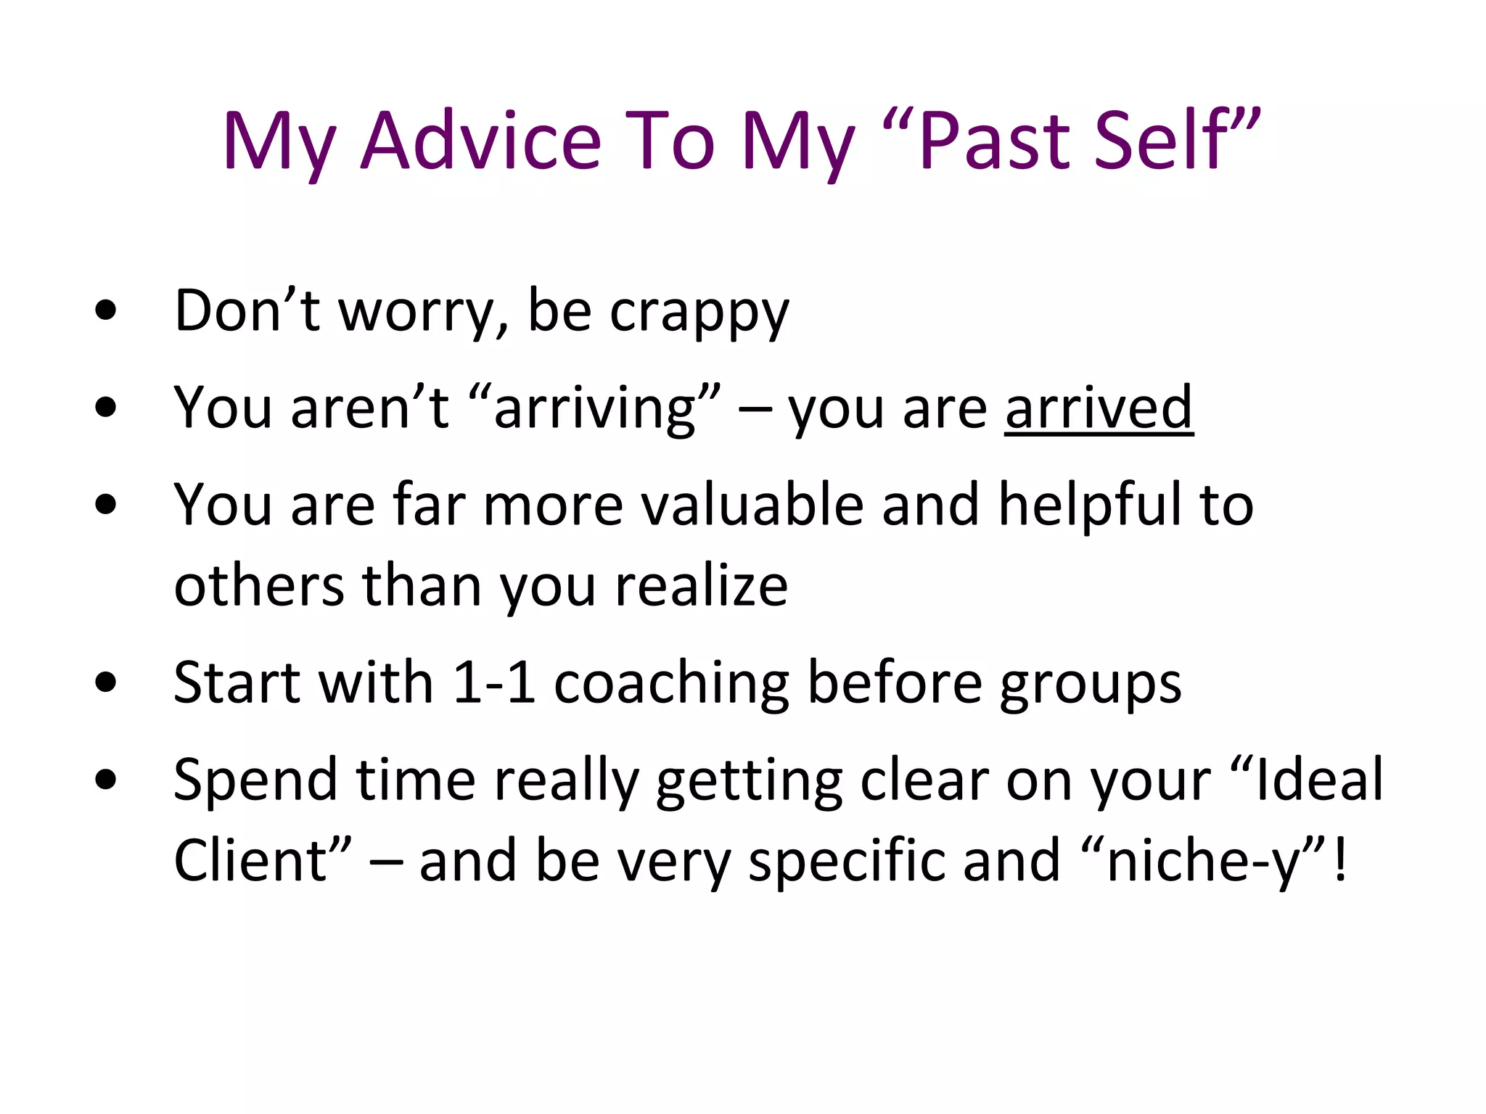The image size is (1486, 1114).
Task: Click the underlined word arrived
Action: coord(1099,408)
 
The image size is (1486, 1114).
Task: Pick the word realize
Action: coord(701,586)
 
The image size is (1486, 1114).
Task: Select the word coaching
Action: coord(672,684)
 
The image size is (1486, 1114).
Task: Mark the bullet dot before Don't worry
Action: coord(106,310)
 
